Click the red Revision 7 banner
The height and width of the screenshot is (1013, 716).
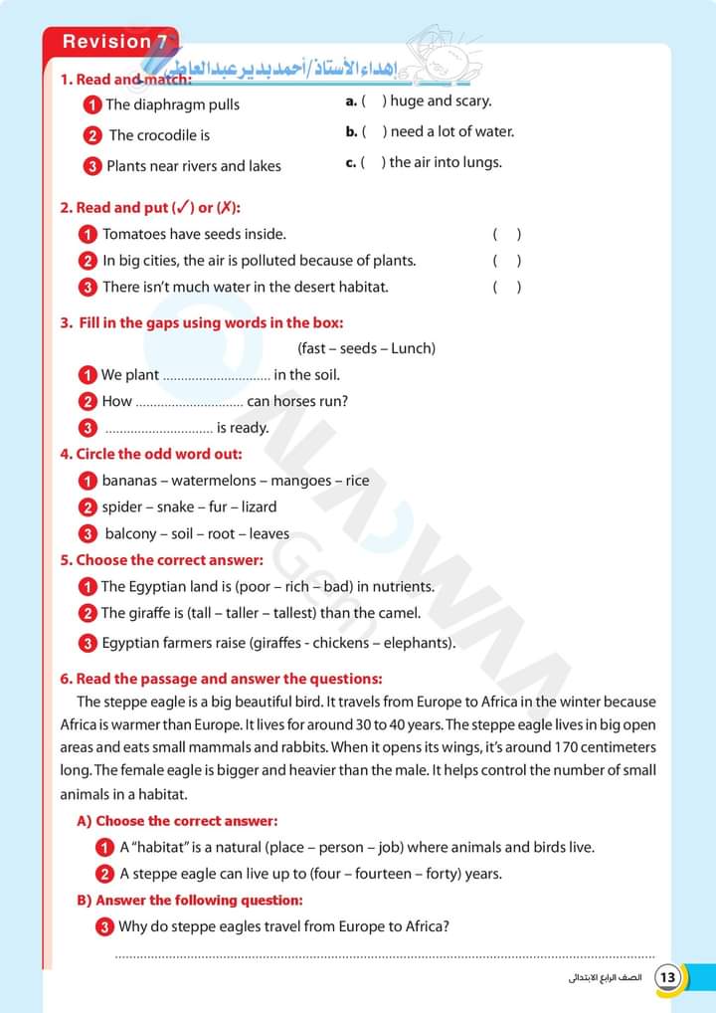click(111, 42)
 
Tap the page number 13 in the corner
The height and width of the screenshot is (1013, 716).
click(668, 977)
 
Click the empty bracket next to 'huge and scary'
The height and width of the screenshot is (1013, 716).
click(374, 101)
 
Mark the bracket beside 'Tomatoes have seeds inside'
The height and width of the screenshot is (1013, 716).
click(506, 235)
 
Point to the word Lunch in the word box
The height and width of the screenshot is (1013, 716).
click(410, 348)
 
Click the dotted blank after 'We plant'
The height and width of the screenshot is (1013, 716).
click(216, 376)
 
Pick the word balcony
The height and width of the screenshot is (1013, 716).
click(131, 533)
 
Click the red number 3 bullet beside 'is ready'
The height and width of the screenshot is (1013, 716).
click(88, 428)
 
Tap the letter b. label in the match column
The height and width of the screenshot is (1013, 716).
click(351, 131)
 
